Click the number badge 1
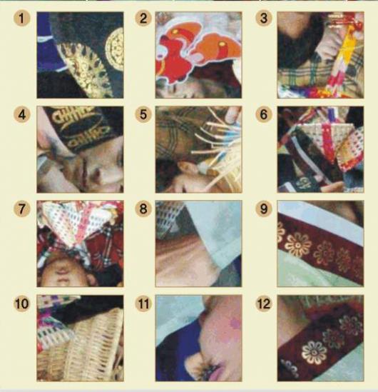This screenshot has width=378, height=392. point(21,19)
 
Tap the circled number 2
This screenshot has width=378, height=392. point(143,19)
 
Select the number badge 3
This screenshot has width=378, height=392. point(264,19)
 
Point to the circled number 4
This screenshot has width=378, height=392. point(21,115)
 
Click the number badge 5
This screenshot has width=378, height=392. point(143,114)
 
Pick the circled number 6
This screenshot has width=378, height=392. point(264,114)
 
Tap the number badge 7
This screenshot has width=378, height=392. point(21,208)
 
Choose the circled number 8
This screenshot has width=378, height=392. point(143,208)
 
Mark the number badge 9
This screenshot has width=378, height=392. point(264,208)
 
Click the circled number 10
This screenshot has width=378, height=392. point(21,303)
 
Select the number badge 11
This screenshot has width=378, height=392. point(143,303)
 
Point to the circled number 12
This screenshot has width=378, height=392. point(264,303)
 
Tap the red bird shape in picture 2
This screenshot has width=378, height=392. point(173,59)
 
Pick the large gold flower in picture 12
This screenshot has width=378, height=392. point(314,353)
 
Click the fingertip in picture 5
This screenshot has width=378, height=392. point(233,114)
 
